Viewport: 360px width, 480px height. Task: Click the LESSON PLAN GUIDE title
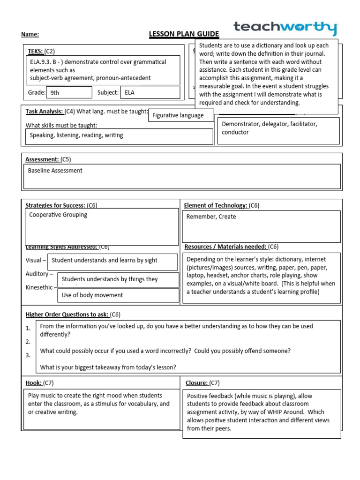click(177, 34)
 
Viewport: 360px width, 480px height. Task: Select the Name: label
click(30, 34)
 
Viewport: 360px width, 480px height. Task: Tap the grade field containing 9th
click(69, 92)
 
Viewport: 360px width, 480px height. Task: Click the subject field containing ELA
click(150, 92)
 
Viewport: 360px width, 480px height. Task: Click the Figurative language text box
click(181, 115)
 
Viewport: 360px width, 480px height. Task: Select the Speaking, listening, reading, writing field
click(119, 136)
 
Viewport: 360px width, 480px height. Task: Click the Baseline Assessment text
click(55, 171)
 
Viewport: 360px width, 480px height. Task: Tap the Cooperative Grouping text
click(58, 215)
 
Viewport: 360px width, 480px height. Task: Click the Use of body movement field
click(119, 295)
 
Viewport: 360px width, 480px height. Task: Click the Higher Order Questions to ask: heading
click(68, 314)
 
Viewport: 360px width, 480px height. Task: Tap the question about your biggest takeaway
click(108, 367)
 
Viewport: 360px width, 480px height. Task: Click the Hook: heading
click(33, 383)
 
